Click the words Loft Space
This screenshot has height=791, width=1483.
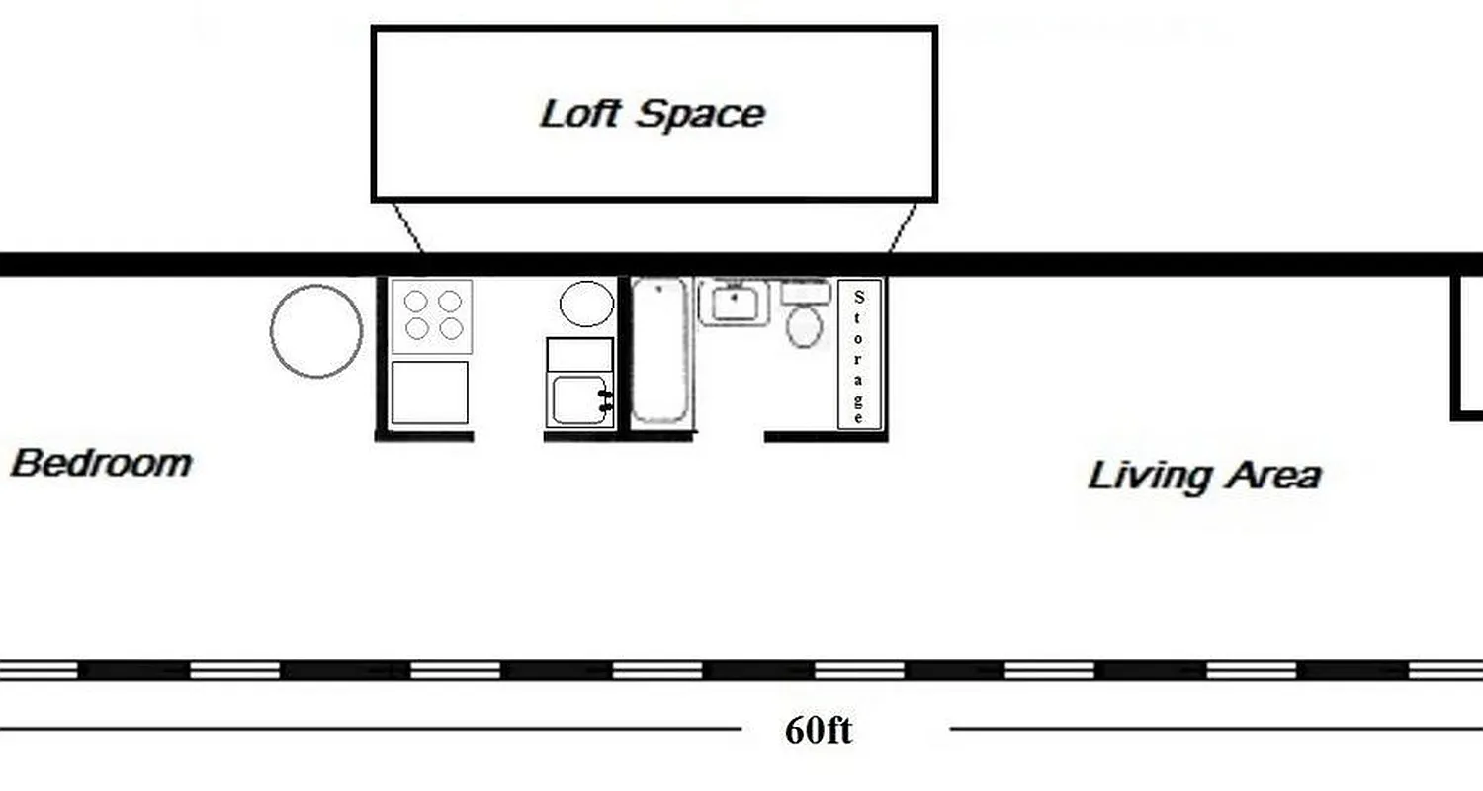pos(653,114)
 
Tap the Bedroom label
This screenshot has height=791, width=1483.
pos(101,463)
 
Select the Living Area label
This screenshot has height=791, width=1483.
pos(1204,476)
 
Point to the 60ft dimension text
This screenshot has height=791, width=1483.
pos(818,731)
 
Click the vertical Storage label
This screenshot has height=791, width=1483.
pos(858,355)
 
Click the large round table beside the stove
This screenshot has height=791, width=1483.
pos(316,331)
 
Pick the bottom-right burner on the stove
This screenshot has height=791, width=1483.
pos(451,328)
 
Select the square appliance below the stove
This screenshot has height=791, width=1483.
pos(430,393)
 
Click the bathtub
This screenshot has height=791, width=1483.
pos(659,351)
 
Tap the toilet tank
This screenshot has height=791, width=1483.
pos(806,292)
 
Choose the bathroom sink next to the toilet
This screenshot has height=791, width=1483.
pos(734,302)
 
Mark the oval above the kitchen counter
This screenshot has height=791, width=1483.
pos(586,304)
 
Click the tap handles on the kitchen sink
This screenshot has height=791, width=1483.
pos(606,400)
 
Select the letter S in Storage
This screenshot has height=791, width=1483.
pos(858,295)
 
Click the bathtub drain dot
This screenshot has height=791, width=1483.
pos(659,289)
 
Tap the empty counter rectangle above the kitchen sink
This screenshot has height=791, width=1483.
pos(580,354)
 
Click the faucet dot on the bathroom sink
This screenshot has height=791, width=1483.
pos(734,293)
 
